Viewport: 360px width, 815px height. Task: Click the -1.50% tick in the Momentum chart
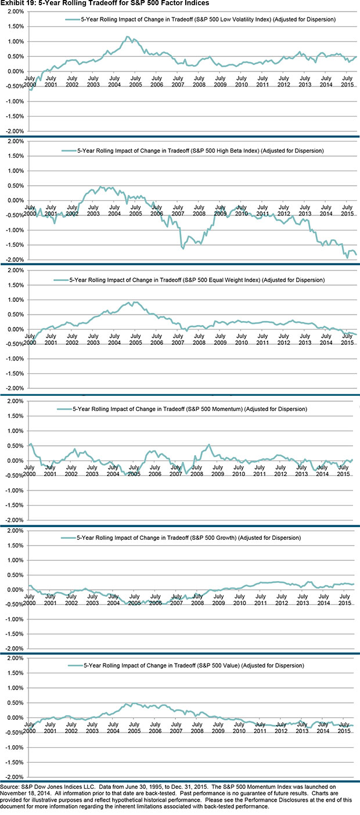pyautogui.click(x=13, y=505)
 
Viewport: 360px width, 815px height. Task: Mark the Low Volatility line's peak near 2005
pyautogui.click(x=127, y=37)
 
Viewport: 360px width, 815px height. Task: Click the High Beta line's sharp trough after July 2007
pyautogui.click(x=183, y=248)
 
